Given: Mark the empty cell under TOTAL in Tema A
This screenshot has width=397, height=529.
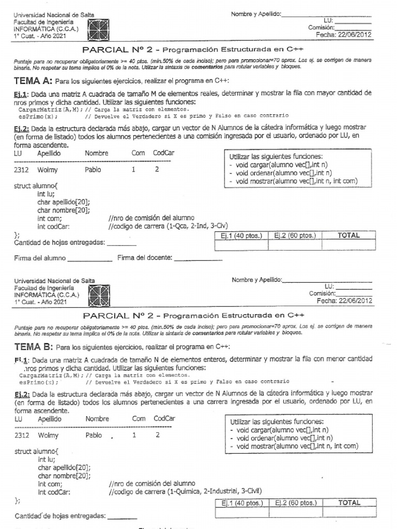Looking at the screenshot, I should pos(348,245).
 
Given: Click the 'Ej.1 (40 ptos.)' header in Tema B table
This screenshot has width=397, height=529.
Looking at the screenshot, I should pos(241,502).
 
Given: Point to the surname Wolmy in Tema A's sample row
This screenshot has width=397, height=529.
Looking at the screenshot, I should pos(48,169).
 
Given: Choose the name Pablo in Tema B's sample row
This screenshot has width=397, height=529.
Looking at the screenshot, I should pos(97,435).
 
